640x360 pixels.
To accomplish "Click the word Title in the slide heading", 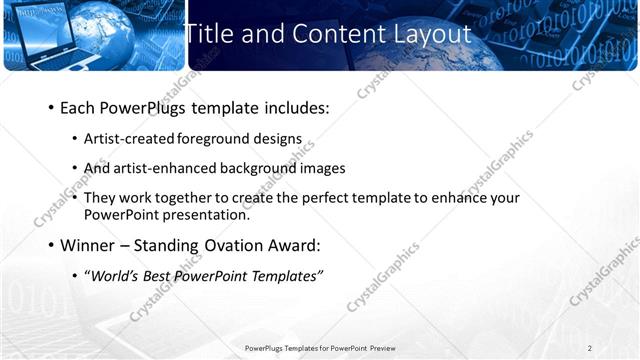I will pyautogui.click(x=207, y=33).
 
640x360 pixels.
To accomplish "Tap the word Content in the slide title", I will pyautogui.click(x=331, y=33).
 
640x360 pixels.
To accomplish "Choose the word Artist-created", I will pyautogui.click(x=126, y=139).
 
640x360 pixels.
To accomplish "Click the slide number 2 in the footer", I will pyautogui.click(x=589, y=348).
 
